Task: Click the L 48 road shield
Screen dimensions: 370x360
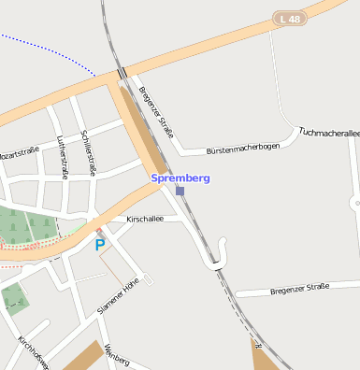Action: coord(291,19)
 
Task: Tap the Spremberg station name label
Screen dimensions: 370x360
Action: coord(180,178)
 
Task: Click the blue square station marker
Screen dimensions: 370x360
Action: coord(180,191)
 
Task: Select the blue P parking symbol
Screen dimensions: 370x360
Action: coord(100,245)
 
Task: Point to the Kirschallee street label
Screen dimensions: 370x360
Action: coord(145,219)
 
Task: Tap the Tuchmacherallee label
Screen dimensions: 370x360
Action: coord(328,134)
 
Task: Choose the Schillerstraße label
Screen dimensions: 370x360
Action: coord(90,152)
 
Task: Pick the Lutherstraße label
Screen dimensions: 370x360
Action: coord(63,157)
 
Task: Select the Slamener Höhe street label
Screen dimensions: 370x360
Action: coord(118,295)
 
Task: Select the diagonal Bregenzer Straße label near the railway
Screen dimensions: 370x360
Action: coord(156,111)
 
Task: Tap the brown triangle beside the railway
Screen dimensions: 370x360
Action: coord(263,357)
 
